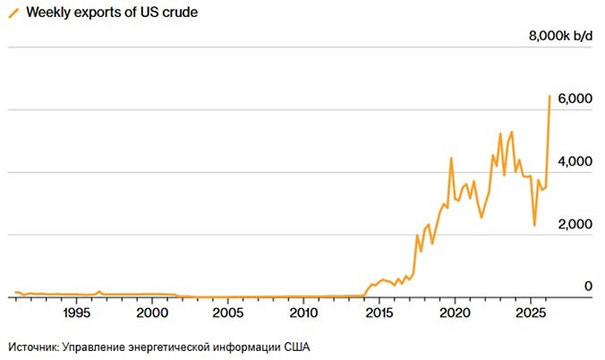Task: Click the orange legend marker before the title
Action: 13,13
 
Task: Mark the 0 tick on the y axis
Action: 588,287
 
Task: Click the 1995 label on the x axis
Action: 76,313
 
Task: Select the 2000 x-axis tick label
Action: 151,313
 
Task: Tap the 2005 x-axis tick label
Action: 227,313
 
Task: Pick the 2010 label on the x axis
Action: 303,313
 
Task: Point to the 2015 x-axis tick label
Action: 379,313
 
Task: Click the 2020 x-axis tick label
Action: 455,313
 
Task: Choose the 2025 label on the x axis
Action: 530,313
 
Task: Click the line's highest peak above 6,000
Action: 550,96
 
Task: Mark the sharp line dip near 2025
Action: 534,225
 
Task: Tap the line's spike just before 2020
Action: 451,159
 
